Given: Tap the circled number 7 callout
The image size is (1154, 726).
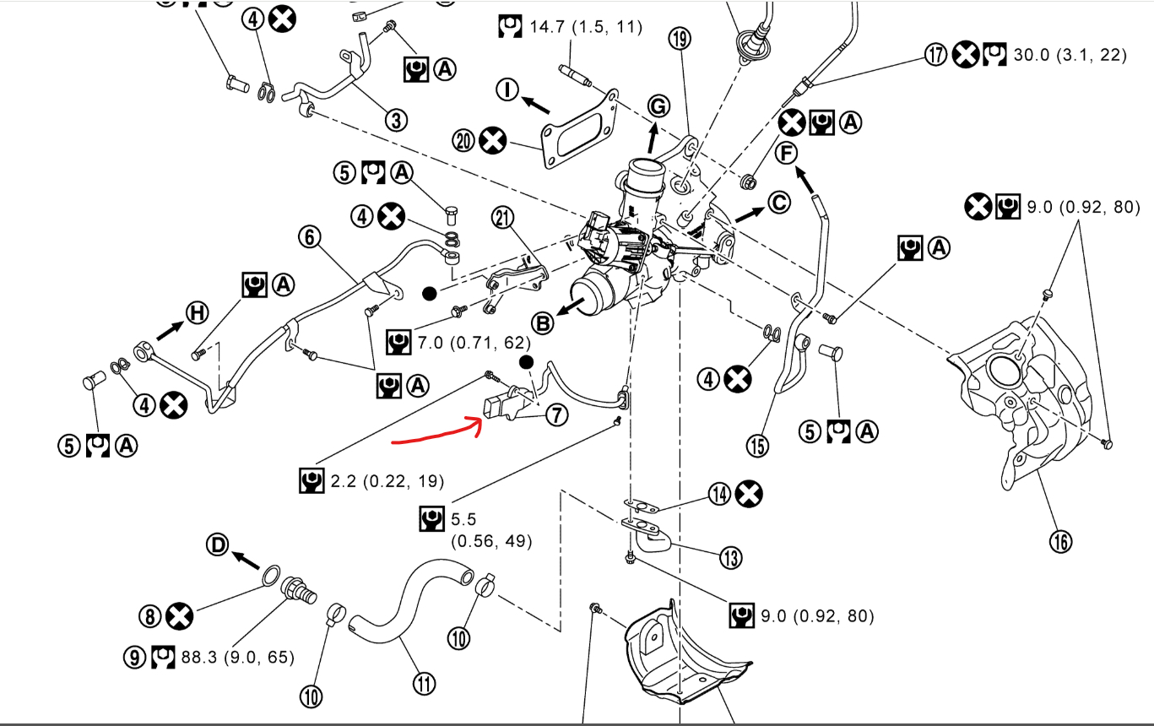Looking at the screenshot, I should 555,414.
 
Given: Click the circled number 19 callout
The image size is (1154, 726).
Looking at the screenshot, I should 680,38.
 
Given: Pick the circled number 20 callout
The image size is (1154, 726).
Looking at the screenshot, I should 463,140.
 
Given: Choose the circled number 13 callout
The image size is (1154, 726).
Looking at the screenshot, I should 730,558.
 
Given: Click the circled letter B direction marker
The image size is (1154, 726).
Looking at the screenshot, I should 542,322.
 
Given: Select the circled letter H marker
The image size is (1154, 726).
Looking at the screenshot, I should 197,314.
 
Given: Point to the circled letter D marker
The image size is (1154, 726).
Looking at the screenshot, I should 218,545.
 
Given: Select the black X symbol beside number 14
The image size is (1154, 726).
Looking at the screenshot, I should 749,494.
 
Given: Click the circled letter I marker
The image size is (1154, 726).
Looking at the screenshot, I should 507,89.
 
